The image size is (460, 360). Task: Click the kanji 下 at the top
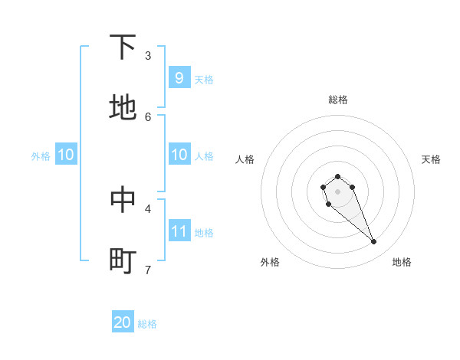click(x=123, y=47)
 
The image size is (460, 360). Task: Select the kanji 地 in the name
click(x=123, y=108)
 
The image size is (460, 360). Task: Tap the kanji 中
click(x=123, y=199)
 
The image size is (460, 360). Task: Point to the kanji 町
click(x=123, y=260)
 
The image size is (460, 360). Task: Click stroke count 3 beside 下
click(x=148, y=56)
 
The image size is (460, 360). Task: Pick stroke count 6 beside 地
click(x=148, y=116)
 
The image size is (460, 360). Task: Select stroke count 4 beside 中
click(x=148, y=208)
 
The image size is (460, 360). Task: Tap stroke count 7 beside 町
click(x=148, y=269)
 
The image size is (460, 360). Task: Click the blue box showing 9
click(x=179, y=78)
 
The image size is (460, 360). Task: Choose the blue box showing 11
click(x=179, y=231)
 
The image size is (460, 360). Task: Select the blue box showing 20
click(x=123, y=322)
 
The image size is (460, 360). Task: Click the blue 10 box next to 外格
click(x=66, y=155)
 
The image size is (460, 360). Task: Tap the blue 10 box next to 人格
click(x=179, y=155)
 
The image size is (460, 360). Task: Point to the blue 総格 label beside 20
click(x=147, y=324)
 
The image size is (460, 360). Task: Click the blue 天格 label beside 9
click(x=204, y=80)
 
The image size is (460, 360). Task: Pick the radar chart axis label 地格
click(x=402, y=262)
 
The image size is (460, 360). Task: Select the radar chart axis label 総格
click(x=338, y=100)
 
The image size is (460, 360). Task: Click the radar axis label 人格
click(x=245, y=159)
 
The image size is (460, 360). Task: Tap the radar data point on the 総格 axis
click(x=338, y=176)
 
